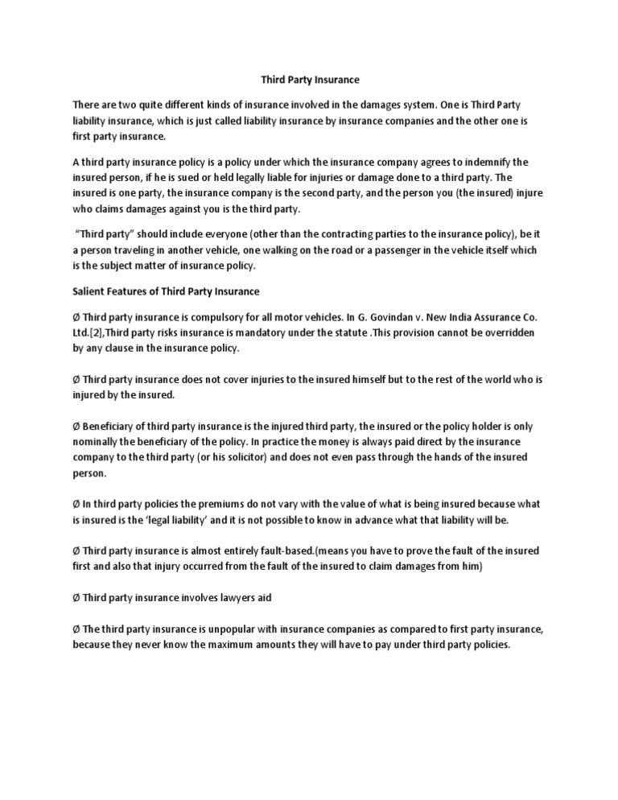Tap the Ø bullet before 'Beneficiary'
(77, 426)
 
